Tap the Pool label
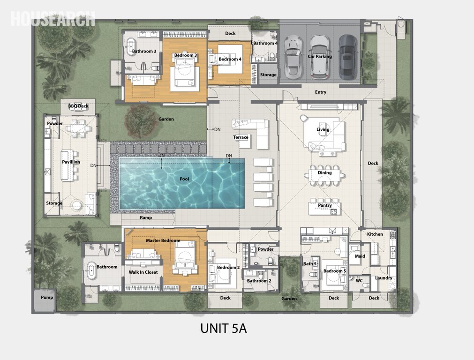point(185,179)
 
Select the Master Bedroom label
point(163,240)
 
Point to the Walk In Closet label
point(143,272)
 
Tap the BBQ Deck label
point(78,106)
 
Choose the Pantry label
point(324,205)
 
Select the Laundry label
point(384,278)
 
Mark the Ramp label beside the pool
point(146,217)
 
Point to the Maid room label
point(360,256)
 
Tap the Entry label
point(321,92)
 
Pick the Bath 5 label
point(310,264)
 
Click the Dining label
point(324,173)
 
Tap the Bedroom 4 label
point(230,60)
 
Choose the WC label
point(359,281)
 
